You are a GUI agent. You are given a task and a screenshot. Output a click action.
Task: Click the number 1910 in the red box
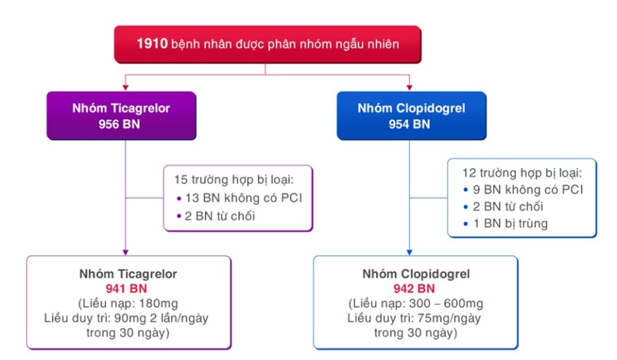click(152, 44)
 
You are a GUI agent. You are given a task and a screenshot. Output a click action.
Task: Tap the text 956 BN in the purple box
click(119, 124)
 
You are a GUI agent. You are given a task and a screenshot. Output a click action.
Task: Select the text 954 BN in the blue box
click(409, 124)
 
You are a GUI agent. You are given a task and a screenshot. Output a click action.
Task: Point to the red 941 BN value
click(126, 289)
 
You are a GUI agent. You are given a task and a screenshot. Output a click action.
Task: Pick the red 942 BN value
click(414, 289)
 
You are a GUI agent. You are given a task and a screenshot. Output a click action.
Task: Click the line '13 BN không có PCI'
click(243, 198)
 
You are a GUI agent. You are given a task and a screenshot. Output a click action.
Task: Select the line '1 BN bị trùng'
click(510, 224)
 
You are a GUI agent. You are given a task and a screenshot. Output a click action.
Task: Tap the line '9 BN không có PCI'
click(528, 190)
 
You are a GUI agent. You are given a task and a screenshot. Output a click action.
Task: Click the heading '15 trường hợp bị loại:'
click(234, 180)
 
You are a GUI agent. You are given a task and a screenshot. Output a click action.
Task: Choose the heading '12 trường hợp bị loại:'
click(522, 173)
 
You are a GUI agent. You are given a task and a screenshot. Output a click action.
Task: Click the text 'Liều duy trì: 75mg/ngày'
click(414, 318)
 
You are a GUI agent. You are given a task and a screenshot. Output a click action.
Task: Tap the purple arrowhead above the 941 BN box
click(125, 252)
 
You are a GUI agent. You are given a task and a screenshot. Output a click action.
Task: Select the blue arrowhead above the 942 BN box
click(409, 252)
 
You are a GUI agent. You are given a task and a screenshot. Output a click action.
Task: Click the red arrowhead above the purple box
click(125, 87)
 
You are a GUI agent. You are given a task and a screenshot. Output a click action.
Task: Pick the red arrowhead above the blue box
click(409, 87)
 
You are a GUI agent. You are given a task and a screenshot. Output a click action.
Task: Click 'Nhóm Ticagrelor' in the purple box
click(121, 108)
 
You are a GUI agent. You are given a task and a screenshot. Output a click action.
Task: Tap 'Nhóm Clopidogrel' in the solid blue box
click(411, 108)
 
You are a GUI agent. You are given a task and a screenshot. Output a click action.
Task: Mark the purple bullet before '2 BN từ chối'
click(179, 216)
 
